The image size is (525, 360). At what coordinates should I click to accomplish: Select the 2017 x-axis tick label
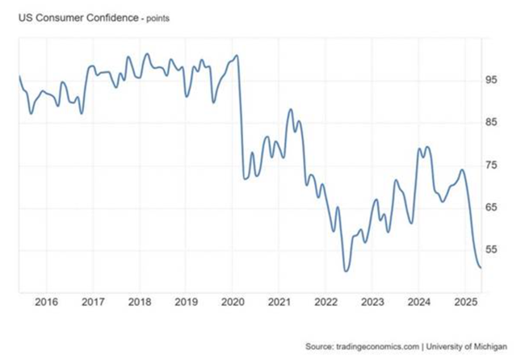point(92,302)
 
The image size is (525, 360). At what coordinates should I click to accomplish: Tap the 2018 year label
point(139,302)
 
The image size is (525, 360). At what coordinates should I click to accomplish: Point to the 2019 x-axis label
point(186,302)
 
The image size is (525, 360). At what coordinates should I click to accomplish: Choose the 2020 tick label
point(233,302)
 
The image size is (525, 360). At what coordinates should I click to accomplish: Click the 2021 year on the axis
point(279,302)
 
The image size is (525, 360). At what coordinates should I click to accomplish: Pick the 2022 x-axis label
point(325,302)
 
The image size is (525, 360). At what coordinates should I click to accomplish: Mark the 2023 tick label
point(372,302)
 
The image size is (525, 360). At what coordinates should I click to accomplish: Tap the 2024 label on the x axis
point(418,302)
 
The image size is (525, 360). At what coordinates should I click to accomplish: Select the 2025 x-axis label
point(465,302)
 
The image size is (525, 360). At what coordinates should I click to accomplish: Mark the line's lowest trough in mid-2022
point(346,270)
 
